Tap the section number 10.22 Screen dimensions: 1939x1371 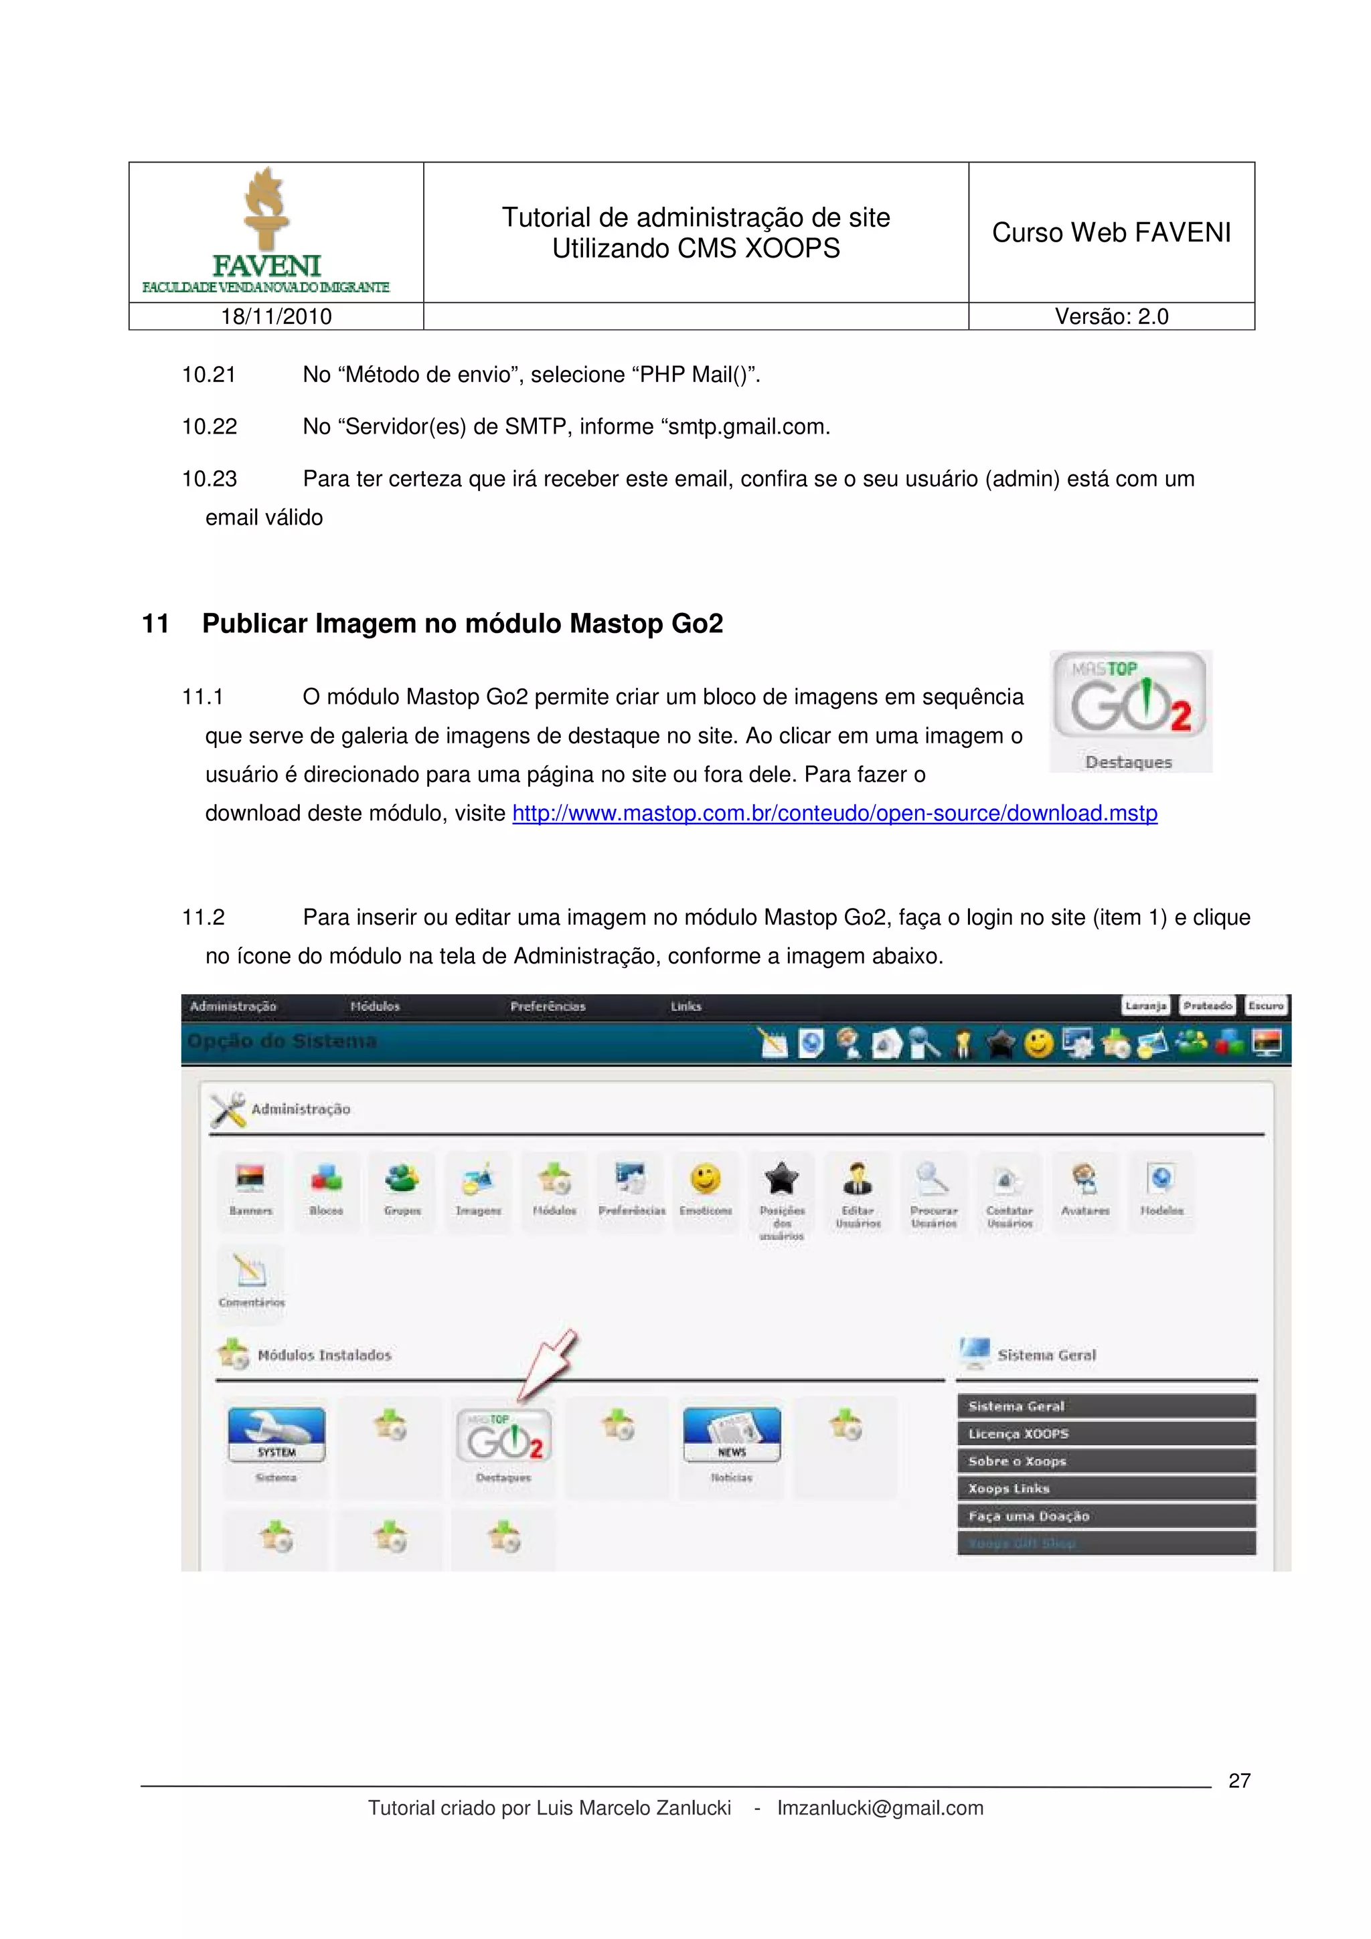(x=210, y=426)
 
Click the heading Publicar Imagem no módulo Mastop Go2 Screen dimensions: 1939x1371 (x=462, y=624)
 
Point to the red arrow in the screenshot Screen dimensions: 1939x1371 (x=548, y=1364)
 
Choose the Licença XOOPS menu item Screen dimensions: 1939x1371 (x=1106, y=1434)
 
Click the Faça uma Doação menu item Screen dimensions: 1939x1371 (x=1106, y=1516)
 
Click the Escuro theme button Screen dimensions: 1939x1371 (x=1265, y=1006)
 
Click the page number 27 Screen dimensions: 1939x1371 (x=1238, y=1780)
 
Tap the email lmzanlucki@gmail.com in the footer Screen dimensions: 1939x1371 (x=880, y=1808)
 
